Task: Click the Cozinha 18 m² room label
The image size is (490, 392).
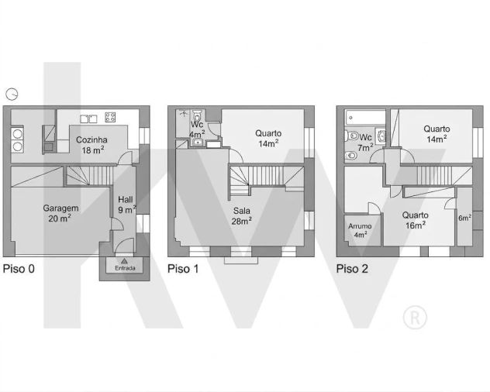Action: pos(91,145)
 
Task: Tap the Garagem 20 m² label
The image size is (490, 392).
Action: pos(60,213)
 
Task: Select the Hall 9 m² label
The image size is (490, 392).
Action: pos(126,205)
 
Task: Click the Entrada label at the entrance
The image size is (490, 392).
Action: pos(125,268)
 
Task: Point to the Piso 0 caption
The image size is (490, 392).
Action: pos(19,269)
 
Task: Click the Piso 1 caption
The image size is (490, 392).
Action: pos(183,269)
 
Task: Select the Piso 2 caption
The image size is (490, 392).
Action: pos(352,269)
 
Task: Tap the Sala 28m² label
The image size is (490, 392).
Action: pos(242,216)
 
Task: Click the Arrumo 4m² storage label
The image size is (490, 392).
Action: pos(360,230)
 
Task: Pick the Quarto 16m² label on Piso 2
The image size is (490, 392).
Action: pos(416,220)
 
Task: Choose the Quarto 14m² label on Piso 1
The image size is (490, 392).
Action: pos(268,138)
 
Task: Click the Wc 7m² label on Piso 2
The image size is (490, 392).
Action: pos(365,142)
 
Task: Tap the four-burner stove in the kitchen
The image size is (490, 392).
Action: pos(110,117)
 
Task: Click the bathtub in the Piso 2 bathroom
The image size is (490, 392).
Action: pos(365,118)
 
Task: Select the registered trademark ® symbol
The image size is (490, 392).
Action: pos(415,318)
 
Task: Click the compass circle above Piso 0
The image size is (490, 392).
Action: pos(12,94)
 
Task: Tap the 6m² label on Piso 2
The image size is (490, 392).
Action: pos(464,218)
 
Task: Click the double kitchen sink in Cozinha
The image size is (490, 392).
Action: pos(88,119)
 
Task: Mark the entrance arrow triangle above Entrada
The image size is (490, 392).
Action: pos(124,261)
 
